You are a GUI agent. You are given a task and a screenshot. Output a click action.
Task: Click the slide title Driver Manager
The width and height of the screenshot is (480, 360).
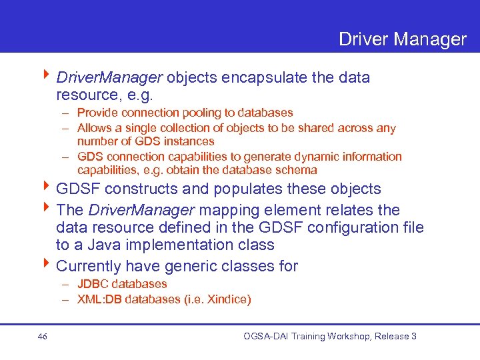[402, 39]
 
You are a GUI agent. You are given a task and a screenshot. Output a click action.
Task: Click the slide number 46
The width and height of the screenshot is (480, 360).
[43, 337]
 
